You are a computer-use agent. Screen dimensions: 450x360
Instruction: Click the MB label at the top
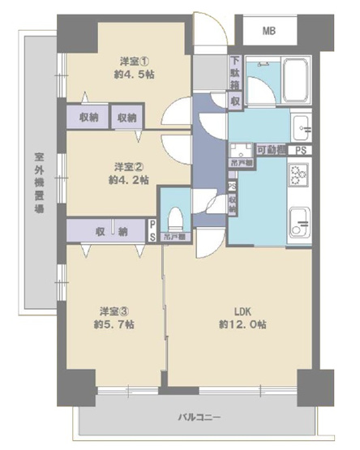pos(267,32)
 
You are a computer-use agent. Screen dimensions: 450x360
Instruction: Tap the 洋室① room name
pos(132,61)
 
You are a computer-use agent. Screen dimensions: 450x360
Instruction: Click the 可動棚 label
pos(270,150)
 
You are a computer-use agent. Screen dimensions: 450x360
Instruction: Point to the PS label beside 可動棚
pos(300,150)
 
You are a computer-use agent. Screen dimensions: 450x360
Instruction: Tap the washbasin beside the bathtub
pos(301,126)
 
